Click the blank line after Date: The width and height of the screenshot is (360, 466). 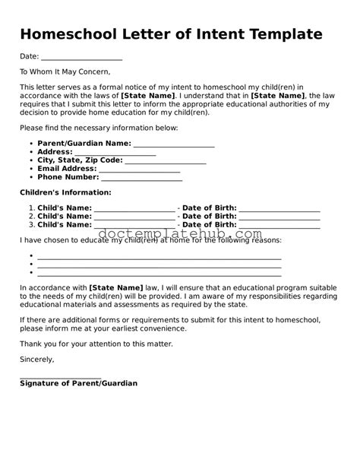pyautogui.click(x=82, y=59)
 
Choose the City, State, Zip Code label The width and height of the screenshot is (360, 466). pyautogui.click(x=79, y=160)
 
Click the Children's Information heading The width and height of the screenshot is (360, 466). pyautogui.click(x=65, y=193)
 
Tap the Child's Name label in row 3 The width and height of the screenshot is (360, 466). pyautogui.click(x=65, y=225)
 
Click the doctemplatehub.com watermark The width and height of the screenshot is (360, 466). pyautogui.click(x=180, y=235)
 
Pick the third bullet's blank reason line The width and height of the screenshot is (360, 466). pyautogui.click(x=159, y=272)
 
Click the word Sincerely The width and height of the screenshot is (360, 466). pyautogui.click(x=37, y=359)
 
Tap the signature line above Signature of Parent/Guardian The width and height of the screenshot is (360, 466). pyautogui.click(x=61, y=376)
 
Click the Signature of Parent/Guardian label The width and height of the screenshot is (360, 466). pyautogui.click(x=78, y=384)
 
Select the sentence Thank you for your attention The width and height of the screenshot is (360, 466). pyautogui.click(x=96, y=344)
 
